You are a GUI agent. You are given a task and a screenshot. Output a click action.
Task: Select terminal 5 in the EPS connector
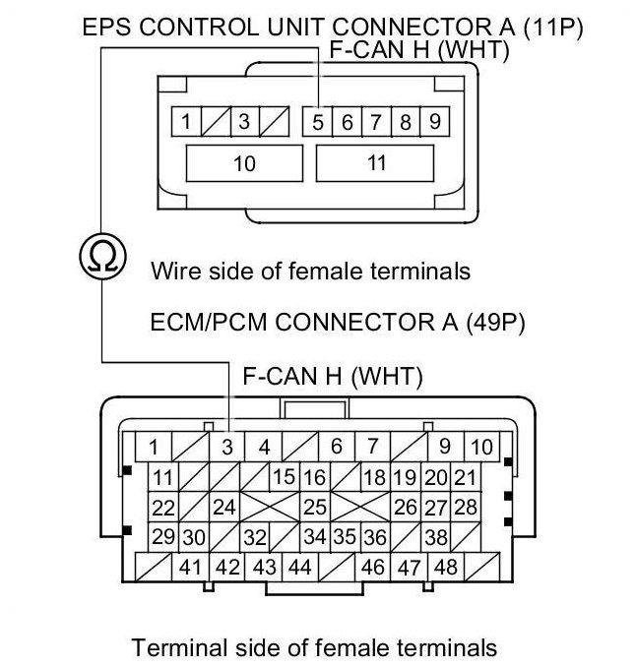click(318, 123)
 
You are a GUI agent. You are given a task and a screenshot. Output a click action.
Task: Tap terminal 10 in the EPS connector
click(243, 163)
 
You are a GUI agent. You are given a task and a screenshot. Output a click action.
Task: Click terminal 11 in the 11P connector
click(376, 163)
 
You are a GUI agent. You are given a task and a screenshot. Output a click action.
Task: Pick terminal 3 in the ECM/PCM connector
click(227, 448)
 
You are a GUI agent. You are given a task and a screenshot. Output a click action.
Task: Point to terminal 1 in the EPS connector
click(185, 123)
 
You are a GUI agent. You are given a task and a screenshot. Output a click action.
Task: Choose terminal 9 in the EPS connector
click(434, 123)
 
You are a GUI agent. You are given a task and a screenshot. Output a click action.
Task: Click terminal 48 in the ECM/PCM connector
click(445, 568)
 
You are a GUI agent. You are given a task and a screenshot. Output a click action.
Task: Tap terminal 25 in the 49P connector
click(315, 508)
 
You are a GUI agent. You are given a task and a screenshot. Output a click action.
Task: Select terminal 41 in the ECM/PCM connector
click(191, 568)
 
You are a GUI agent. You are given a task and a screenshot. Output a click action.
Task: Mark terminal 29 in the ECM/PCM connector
click(163, 538)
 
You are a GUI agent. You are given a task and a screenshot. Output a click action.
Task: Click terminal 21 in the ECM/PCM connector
click(466, 478)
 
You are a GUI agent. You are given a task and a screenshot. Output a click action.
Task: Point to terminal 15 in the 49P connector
click(285, 478)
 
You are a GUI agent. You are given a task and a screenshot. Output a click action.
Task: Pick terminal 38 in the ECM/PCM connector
click(436, 538)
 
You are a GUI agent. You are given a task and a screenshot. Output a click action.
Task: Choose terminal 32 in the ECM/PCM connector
click(255, 538)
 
